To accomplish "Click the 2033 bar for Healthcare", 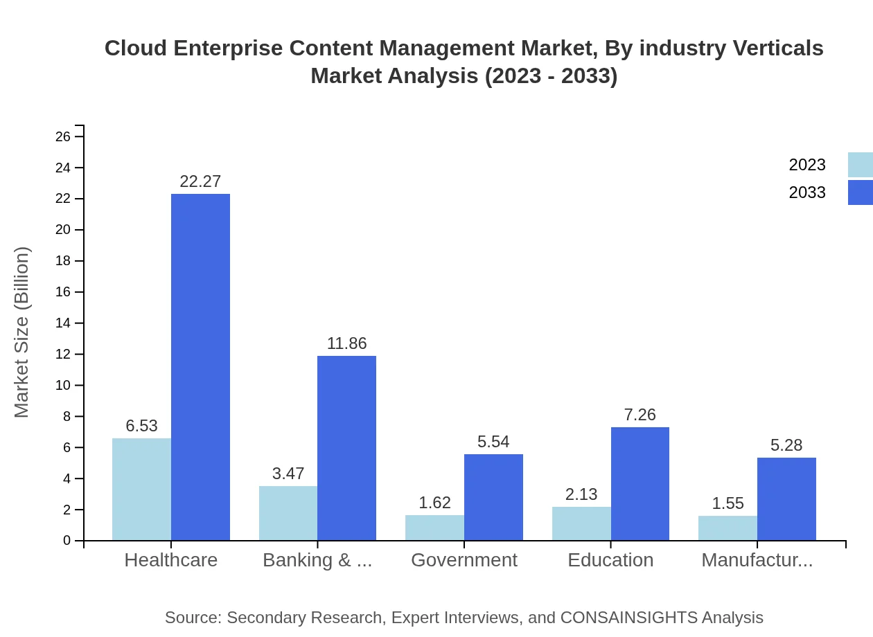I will coord(200,367).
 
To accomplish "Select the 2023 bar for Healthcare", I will coord(141,489).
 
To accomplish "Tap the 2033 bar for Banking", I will coord(346,448).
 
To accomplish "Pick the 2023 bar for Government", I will coord(434,528).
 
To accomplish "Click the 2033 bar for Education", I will coord(640,483).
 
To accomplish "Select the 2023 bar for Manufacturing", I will coord(727,528).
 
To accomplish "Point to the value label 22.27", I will coord(200,181).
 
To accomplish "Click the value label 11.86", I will coord(346,343).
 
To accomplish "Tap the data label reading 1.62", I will coord(434,503).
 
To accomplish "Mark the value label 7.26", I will coord(640,415).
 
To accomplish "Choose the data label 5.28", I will coord(786,445).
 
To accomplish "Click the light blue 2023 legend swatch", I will coord(860,165).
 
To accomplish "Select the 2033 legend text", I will coord(807,192).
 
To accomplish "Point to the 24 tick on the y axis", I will coord(63,168).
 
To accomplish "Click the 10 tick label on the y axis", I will coord(63,386).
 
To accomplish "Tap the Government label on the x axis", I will coord(464,560).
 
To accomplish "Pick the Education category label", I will coord(610,560).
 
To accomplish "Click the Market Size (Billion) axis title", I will coord(22,332).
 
